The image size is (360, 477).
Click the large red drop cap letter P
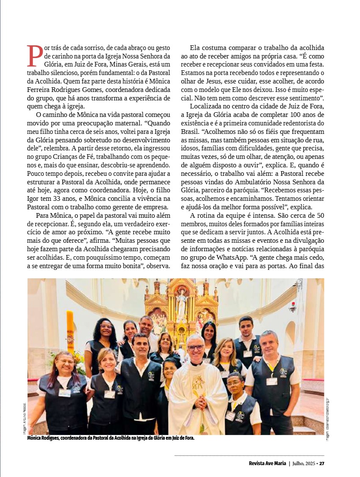click(35, 55)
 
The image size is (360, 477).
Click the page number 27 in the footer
click(322, 463)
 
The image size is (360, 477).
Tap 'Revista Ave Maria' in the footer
click(267, 463)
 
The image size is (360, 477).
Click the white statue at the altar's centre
click(181, 305)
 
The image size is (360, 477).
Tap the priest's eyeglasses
click(196, 347)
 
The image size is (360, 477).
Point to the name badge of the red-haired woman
click(64, 393)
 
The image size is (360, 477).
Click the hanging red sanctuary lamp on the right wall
click(292, 306)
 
